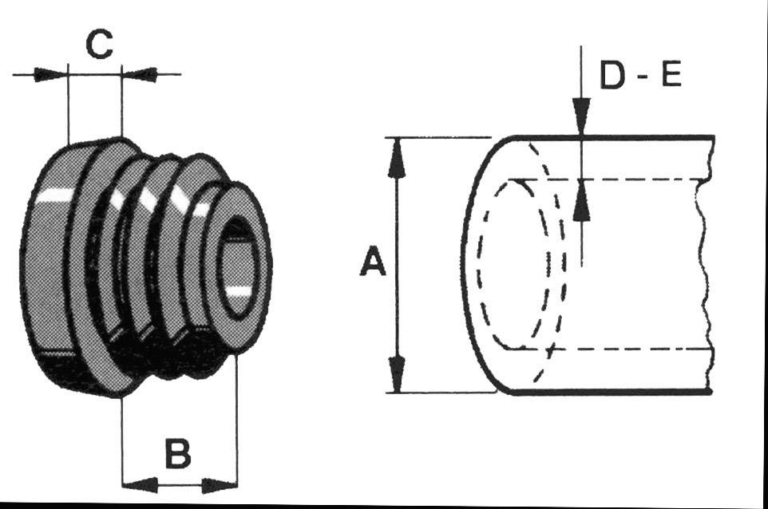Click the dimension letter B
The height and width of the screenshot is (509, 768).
coord(177,455)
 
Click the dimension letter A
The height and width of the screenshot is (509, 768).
coord(372,262)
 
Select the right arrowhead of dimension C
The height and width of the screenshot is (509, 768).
coord(140,75)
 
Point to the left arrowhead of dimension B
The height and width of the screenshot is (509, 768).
coord(139,484)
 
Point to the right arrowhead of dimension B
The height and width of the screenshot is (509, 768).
coord(220,484)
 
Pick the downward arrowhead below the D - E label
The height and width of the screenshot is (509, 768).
coord(582,116)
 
